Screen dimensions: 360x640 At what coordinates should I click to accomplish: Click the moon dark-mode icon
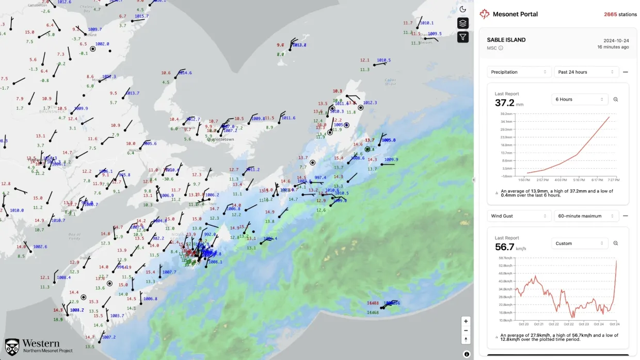[x=462, y=9]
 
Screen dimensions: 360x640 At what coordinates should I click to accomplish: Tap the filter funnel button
[x=462, y=37]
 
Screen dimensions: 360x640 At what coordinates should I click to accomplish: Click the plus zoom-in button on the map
[x=466, y=321]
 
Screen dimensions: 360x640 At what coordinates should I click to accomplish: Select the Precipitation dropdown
[x=519, y=72]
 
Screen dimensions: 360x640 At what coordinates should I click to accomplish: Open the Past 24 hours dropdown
[x=586, y=72]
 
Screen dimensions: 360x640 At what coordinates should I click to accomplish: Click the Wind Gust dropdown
[x=519, y=216]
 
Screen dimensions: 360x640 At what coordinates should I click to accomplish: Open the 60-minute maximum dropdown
[x=586, y=216]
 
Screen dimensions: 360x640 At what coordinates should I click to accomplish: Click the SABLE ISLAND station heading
[x=506, y=40]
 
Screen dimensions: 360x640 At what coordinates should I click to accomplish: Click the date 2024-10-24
[x=616, y=40]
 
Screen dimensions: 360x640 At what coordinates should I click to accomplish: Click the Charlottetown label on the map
[x=220, y=139]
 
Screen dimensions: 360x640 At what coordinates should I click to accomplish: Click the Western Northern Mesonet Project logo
[x=39, y=346]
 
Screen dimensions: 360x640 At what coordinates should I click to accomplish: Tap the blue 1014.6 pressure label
[x=183, y=73]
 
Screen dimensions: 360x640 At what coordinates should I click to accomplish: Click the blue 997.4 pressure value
[x=321, y=177]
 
